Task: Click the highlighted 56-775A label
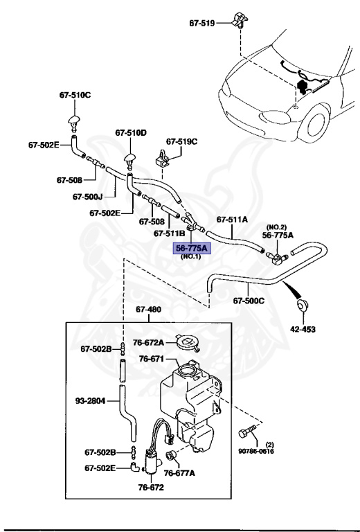pos(192,247)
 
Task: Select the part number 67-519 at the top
pos(201,22)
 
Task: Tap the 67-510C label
pos(73,94)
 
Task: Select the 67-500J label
pos(88,196)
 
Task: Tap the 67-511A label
pos(232,220)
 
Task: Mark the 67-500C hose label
pos(247,301)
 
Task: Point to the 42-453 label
pos(303,330)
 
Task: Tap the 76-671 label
pos(152,359)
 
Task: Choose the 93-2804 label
pos(90,400)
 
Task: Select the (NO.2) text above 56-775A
pos(277,227)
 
